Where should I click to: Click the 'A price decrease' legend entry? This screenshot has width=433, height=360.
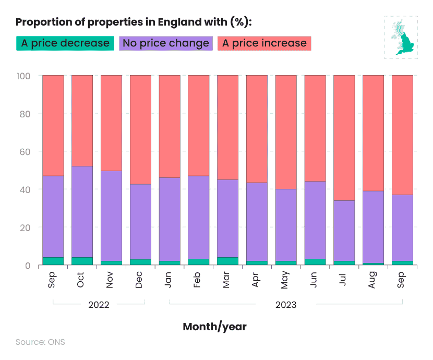(x=65, y=43)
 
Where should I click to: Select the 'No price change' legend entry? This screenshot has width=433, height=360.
(x=166, y=43)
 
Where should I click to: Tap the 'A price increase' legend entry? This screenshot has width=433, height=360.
(x=264, y=43)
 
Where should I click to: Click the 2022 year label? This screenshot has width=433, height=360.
(x=99, y=305)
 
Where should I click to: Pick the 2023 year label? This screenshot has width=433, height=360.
(x=286, y=305)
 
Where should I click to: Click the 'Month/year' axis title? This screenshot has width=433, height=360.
(x=214, y=327)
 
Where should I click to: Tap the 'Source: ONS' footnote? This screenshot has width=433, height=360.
(x=40, y=342)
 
